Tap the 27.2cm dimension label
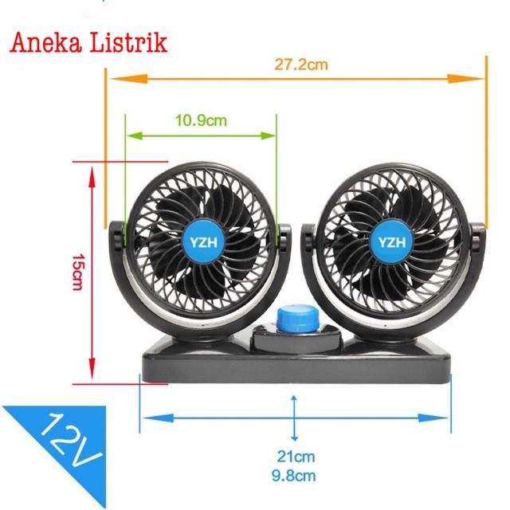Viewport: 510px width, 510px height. point(301,65)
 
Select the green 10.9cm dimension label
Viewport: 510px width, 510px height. point(201,120)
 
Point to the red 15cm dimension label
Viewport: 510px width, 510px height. point(78,272)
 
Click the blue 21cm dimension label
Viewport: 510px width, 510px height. point(296,457)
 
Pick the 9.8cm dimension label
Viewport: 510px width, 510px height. point(294,476)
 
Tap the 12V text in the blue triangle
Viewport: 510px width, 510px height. point(70,441)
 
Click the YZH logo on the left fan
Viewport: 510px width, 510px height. point(203,242)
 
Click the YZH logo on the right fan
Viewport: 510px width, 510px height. point(392,242)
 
